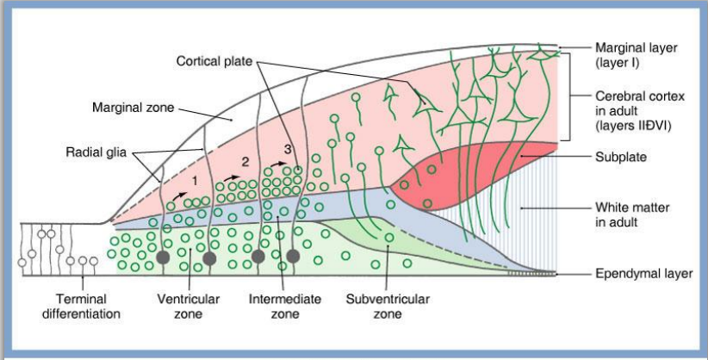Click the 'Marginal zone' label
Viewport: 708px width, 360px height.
133,109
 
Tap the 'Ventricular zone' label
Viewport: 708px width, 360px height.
189,307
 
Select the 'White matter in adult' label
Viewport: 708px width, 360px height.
630,215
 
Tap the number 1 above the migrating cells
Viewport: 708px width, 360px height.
195,182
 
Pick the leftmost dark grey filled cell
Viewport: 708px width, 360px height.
161,257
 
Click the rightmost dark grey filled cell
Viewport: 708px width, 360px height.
293,256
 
